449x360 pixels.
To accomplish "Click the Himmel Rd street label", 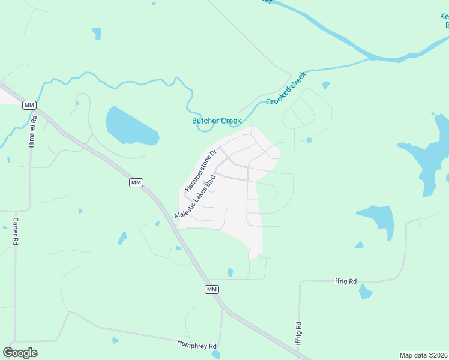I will click(34, 130).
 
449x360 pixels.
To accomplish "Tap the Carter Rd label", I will click(16, 230).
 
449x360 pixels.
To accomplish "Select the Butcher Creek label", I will click(216, 121).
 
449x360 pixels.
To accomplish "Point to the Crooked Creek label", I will click(285, 88).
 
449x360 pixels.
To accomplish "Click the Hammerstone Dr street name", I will click(200, 171).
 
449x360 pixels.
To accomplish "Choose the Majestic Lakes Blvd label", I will click(194, 197).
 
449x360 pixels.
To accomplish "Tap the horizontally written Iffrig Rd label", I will click(345, 281).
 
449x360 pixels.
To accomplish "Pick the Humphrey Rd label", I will click(196, 345).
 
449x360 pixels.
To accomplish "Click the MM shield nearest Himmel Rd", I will click(29, 106).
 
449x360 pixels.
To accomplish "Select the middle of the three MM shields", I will click(136, 182).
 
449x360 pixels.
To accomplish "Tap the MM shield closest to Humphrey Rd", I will click(211, 289).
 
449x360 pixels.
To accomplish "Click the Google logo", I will click(20, 353).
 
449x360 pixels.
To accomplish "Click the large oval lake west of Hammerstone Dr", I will click(131, 127).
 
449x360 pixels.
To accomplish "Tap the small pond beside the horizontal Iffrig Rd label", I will click(365, 292).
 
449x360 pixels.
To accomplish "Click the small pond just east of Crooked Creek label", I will click(326, 85).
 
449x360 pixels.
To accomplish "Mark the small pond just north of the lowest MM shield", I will click(230, 273).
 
